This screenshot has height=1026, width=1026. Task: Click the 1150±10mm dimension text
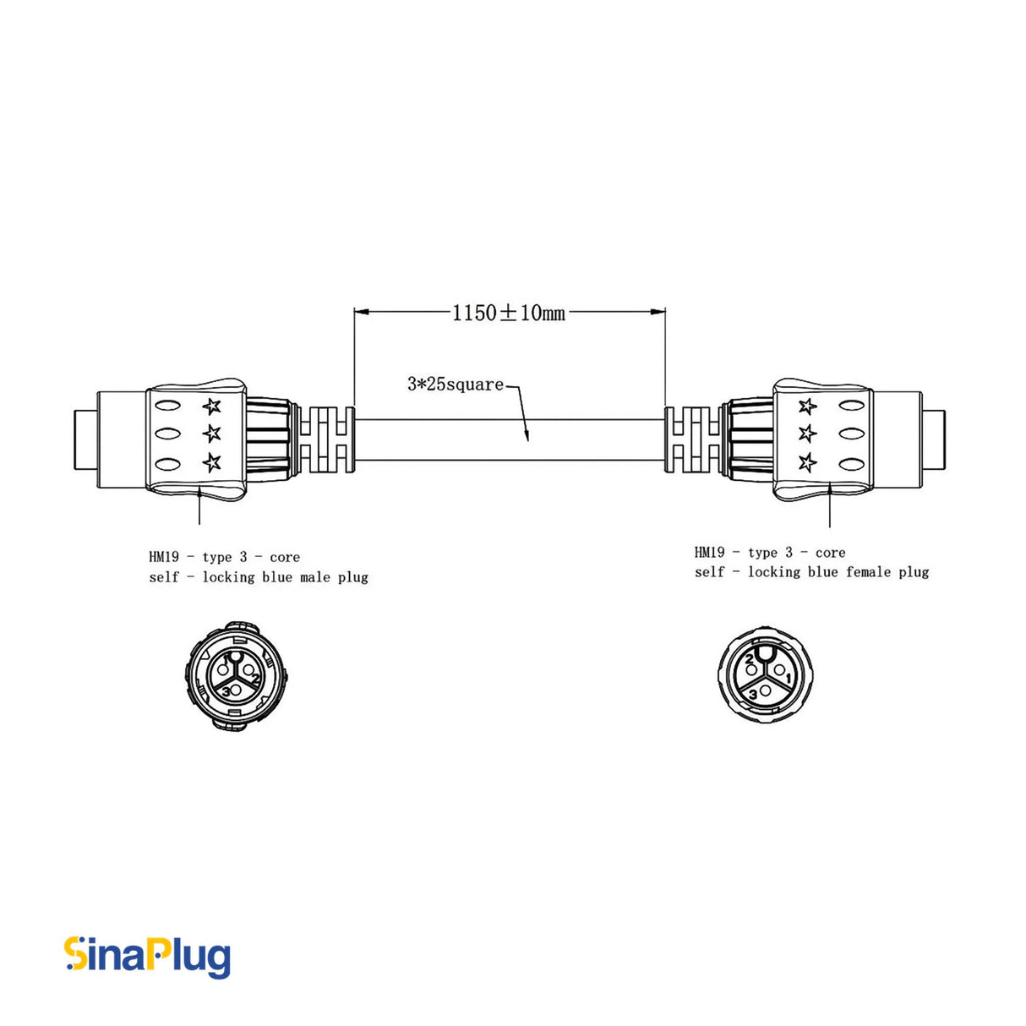(509, 313)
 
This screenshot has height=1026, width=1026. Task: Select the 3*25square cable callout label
(456, 385)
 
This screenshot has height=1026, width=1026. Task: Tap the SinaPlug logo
(148, 957)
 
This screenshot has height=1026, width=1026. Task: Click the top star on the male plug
(211, 407)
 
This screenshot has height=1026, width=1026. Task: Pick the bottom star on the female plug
(808, 462)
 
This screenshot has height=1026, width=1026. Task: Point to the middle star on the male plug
(211, 434)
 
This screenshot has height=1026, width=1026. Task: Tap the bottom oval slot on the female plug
(850, 462)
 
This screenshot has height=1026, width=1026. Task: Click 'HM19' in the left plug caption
(164, 557)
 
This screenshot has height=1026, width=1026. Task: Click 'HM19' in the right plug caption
(709, 553)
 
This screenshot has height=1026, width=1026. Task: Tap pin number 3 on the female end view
(753, 694)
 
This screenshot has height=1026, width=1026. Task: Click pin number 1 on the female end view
(788, 678)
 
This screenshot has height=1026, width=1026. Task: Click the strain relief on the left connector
(328, 439)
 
